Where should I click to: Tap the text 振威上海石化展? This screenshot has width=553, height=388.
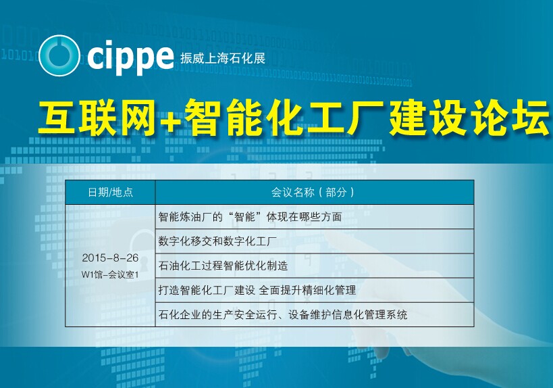[x=223, y=58]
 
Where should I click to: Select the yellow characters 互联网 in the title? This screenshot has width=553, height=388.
[x=97, y=117]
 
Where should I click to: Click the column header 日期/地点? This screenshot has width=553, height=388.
[x=110, y=192]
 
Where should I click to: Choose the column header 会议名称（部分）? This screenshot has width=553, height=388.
[x=313, y=192]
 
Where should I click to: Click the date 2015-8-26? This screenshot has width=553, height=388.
[x=110, y=258]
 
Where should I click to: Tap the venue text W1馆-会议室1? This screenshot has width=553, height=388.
[x=110, y=274]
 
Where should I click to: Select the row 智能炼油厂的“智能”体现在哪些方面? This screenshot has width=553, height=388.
[x=250, y=217]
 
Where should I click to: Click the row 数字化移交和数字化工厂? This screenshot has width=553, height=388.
[x=217, y=241]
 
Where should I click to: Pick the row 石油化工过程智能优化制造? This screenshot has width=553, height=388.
[x=223, y=266]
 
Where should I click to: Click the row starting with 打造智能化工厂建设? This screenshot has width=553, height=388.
[x=257, y=290]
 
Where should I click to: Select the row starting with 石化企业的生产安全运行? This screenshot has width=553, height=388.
[x=283, y=314]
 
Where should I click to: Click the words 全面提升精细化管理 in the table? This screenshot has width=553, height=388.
[x=307, y=290]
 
